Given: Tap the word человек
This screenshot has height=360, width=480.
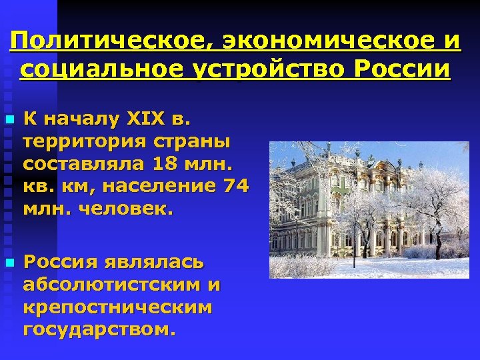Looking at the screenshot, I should tap(126, 209).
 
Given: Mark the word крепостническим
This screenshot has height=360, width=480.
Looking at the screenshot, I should tap(117, 307).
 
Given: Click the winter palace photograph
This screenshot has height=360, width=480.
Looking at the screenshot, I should tap(369, 209).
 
